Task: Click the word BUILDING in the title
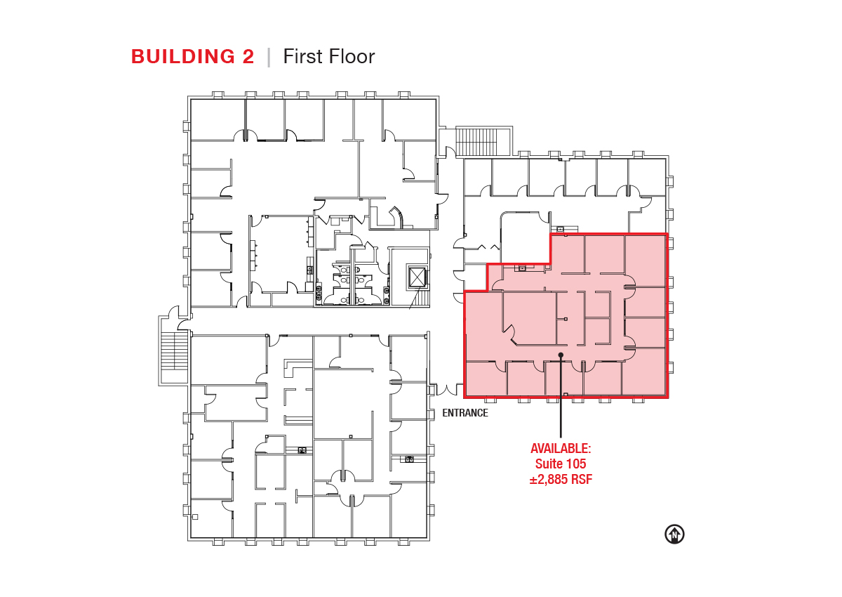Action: coord(182,57)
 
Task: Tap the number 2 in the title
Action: coord(248,57)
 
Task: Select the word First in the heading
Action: coord(303,56)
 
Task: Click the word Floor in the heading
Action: coord(352,56)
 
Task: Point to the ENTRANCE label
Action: coord(465,413)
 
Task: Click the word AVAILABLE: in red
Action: coord(561,448)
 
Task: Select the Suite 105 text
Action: coord(561,464)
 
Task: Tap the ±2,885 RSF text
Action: coord(561,480)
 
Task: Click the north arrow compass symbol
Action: coord(674,534)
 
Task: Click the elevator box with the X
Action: coord(417,277)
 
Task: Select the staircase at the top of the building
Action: coord(477,141)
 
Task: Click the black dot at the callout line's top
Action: coord(561,355)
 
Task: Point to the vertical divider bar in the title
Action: coord(269,57)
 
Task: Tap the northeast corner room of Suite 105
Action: coord(645,261)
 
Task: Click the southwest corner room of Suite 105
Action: coord(486,378)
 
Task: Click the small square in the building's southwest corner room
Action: coord(195,517)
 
